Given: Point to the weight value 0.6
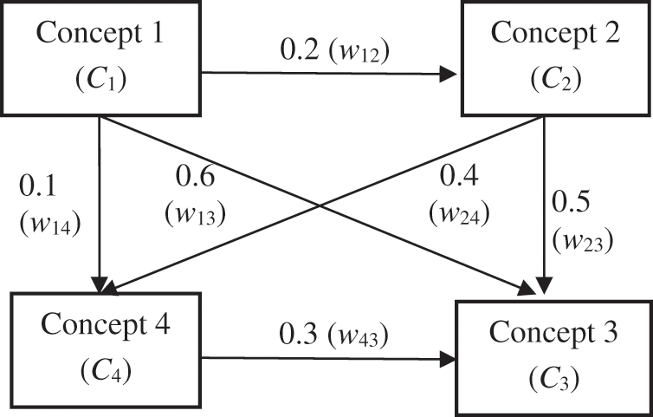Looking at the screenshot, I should click(x=197, y=177).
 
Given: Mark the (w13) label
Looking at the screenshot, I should click(x=197, y=212).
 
